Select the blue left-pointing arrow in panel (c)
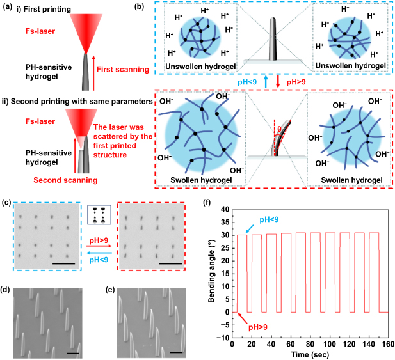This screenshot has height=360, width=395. click(99, 254)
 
